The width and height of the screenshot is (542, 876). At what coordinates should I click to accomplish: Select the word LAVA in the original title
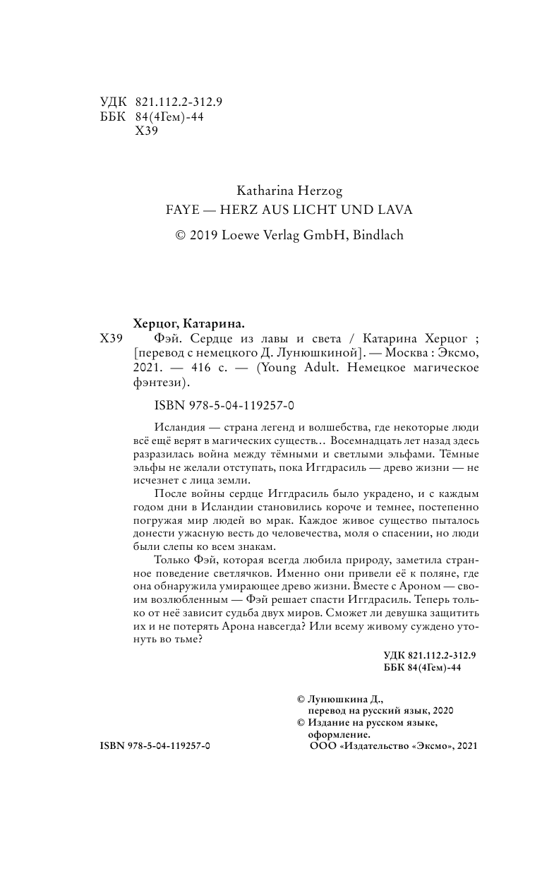click(x=393, y=210)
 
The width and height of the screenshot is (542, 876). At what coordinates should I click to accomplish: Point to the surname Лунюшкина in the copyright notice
click(x=337, y=698)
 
